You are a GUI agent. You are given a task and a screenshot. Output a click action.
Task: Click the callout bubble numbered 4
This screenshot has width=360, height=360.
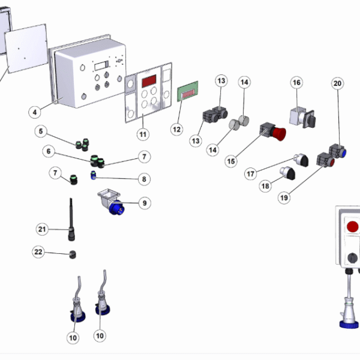pos(35,111)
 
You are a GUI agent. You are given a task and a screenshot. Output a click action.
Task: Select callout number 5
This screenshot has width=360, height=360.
pos(41,131)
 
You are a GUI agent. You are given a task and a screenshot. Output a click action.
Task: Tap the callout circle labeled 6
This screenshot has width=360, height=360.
pos(46,152)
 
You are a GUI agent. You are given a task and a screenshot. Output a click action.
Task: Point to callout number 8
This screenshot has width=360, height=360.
pos(143,178)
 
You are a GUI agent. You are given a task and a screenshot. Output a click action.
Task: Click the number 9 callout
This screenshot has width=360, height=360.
pos(143,203)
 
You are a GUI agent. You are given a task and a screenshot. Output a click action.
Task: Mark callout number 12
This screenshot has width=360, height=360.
pos(176,128)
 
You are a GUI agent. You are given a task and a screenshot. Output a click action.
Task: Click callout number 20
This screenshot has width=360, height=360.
pos(338,84)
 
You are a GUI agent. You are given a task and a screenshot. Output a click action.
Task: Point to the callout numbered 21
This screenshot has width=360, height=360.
pos(41,229)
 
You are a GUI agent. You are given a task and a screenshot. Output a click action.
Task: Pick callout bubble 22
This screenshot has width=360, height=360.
pos(38,253)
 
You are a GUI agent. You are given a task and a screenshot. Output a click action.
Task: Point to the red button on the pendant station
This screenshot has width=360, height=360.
pos(353,227)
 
